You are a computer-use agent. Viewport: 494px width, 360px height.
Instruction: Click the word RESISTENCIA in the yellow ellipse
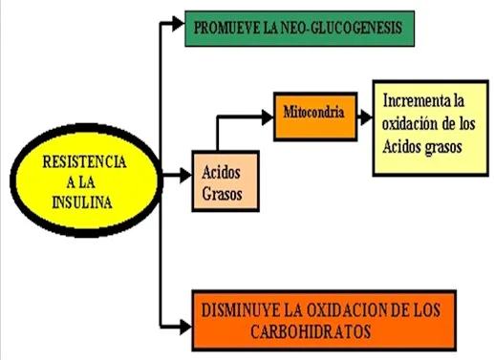click(84, 161)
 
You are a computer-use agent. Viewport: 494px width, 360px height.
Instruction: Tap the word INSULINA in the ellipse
click(82, 202)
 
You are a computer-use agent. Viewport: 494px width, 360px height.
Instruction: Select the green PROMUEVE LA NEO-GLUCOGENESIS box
click(299, 29)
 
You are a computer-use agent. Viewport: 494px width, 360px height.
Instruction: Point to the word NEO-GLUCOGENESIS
click(342, 28)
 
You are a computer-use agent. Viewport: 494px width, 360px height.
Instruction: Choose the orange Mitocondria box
click(315, 116)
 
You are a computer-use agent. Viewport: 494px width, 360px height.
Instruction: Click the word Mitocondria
click(313, 112)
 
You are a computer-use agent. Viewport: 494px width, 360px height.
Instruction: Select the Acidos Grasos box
click(226, 180)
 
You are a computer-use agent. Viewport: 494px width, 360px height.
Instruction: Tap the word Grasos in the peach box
click(222, 194)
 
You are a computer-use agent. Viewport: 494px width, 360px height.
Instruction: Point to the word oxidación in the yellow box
click(410, 123)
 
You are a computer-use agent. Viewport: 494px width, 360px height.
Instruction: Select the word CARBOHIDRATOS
click(311, 331)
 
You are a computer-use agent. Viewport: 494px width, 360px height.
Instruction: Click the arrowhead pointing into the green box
click(179, 24)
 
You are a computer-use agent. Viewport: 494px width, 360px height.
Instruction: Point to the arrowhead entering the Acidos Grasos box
click(186, 175)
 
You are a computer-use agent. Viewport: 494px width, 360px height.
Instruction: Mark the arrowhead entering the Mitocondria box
click(268, 117)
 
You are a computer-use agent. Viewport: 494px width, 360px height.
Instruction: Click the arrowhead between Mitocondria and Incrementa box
click(366, 117)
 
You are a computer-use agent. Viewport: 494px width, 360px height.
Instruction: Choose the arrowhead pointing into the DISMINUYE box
click(186, 327)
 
